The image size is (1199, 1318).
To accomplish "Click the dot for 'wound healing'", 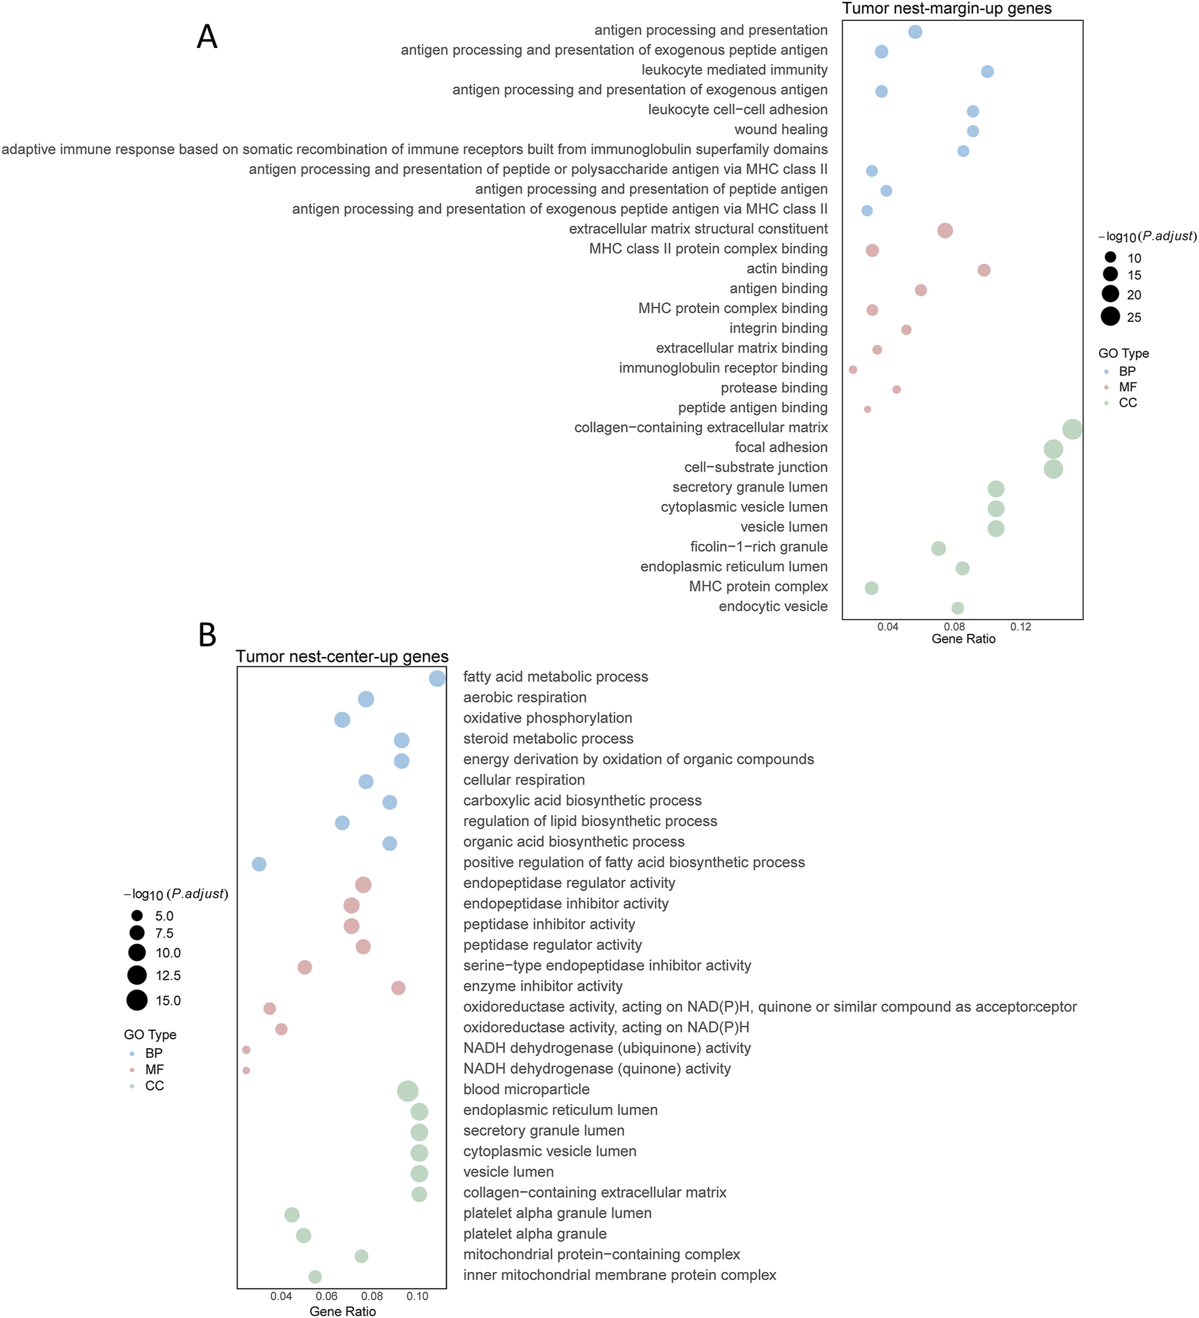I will point(972,131).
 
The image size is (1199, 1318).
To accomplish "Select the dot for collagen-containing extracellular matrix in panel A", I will point(1072,428).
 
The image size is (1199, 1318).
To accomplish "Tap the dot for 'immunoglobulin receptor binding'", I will point(853,369).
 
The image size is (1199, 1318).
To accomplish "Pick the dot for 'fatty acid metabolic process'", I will point(437,678).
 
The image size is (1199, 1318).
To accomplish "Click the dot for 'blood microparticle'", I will point(407,1091).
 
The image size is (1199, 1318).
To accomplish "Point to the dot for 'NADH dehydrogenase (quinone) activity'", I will point(246,1070).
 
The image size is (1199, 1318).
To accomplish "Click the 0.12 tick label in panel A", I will point(1020,627).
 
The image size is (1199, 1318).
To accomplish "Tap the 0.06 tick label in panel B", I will point(327,1296).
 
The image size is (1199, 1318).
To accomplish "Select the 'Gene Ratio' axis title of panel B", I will point(342,1311).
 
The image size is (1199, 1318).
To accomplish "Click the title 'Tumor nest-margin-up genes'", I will point(947,9).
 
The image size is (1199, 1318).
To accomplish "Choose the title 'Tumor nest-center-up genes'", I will point(342,656).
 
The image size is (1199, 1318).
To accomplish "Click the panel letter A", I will point(207,37).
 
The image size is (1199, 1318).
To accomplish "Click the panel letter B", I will point(207,635).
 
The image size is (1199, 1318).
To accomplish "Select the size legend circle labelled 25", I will point(1110,316).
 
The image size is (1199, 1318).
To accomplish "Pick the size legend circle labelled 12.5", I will point(137,975).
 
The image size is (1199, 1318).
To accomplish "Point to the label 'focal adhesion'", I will point(781,447).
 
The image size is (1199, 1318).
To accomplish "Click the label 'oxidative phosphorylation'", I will point(547,718).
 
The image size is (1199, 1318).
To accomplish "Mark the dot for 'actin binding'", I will point(984,270).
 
